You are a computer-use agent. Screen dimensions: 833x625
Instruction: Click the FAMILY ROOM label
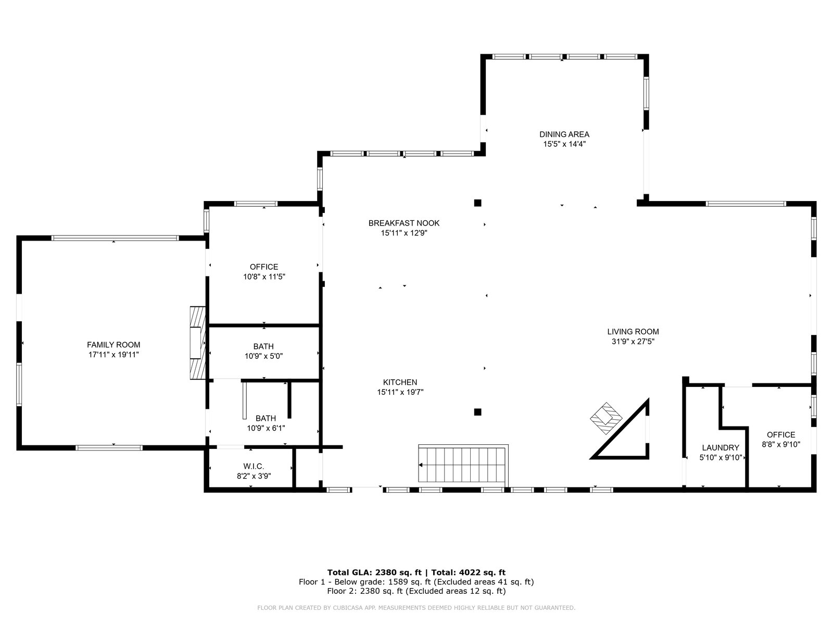tap(113, 345)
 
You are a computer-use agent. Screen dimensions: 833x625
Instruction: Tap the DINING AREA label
tap(564, 134)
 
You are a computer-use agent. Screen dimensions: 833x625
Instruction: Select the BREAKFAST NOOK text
tap(404, 223)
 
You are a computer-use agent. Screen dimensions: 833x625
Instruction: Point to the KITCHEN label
tap(400, 382)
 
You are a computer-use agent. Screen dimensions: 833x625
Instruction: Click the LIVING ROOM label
tap(633, 332)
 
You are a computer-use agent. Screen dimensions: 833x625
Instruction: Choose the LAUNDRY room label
tap(721, 448)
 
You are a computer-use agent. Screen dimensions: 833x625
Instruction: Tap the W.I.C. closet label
tap(254, 466)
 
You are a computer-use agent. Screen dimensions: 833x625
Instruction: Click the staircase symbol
tap(463, 465)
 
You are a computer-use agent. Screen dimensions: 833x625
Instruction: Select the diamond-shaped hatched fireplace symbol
tap(606, 418)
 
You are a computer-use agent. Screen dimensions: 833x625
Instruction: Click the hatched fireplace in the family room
tap(198, 343)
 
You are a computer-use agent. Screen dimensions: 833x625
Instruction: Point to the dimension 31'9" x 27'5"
tap(633, 342)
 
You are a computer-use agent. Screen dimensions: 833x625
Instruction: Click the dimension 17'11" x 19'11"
tap(113, 355)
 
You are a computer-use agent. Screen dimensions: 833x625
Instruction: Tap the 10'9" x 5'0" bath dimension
tap(263, 356)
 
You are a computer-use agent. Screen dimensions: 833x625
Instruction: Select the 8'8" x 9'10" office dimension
tap(780, 444)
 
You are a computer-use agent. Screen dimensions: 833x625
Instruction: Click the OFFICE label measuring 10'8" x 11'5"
tap(264, 267)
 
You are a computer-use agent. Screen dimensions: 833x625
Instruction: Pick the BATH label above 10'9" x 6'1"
tap(266, 418)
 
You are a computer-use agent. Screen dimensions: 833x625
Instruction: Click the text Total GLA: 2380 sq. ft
tap(374, 572)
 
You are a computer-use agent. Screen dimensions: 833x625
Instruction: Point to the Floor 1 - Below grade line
tap(416, 582)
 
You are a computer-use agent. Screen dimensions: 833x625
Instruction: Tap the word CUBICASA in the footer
tap(346, 607)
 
